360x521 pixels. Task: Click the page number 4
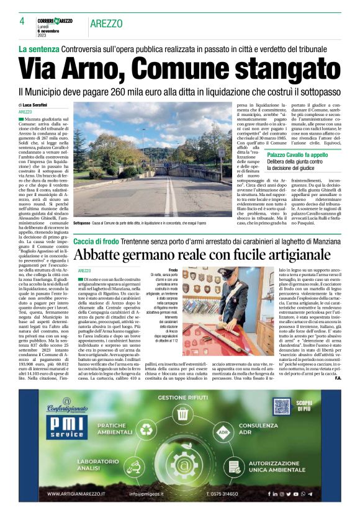[22, 20]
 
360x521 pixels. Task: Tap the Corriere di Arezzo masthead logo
[55, 20]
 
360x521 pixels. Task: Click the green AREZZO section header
[107, 22]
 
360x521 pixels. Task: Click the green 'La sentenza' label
[38, 48]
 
